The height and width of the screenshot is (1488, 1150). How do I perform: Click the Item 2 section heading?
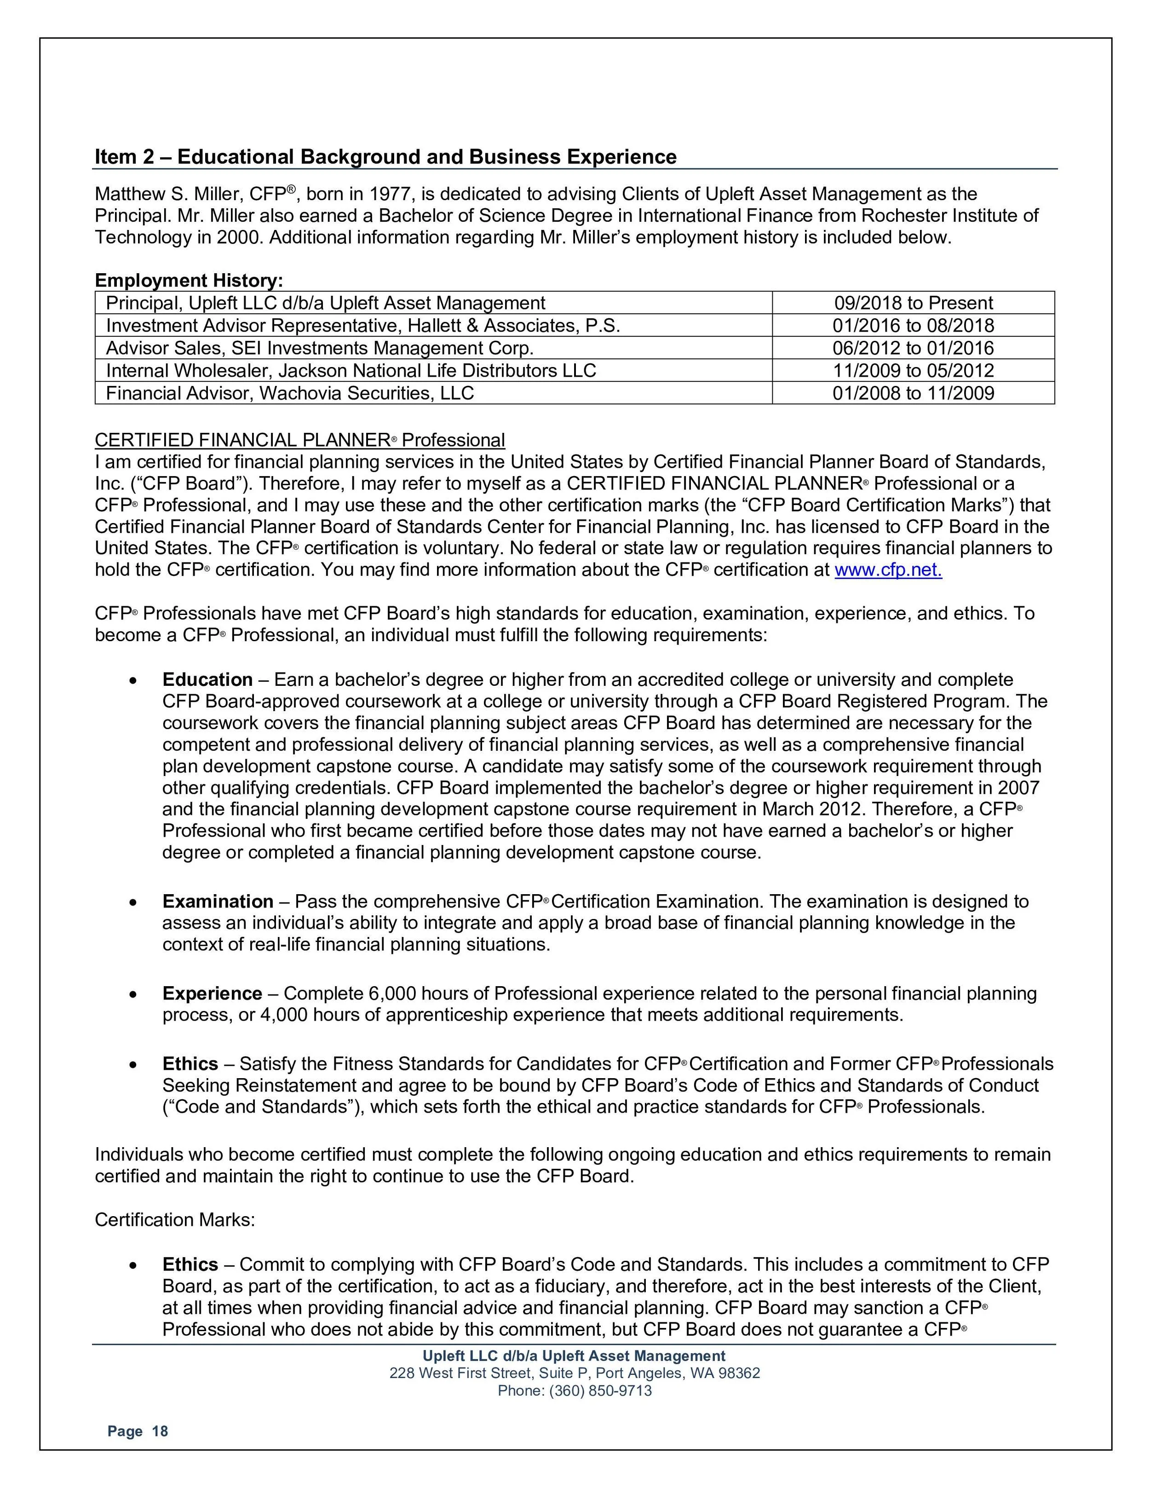point(385,157)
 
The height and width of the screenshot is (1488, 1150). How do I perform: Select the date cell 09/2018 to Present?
point(913,303)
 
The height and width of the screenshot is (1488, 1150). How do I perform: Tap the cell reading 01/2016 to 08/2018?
point(913,326)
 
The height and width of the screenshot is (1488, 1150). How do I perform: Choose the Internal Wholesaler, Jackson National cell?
point(351,371)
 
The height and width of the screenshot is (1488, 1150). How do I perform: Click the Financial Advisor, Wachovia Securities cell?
point(289,393)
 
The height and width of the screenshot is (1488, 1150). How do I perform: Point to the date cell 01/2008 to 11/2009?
point(913,393)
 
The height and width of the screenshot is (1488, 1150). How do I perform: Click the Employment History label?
point(189,280)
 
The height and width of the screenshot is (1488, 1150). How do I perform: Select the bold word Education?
point(207,680)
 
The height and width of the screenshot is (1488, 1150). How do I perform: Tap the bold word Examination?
point(217,902)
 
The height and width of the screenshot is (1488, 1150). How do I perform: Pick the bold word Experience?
point(212,994)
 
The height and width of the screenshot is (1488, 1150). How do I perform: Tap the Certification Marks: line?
point(174,1219)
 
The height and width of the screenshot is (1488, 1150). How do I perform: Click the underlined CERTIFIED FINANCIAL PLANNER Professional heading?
point(300,440)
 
